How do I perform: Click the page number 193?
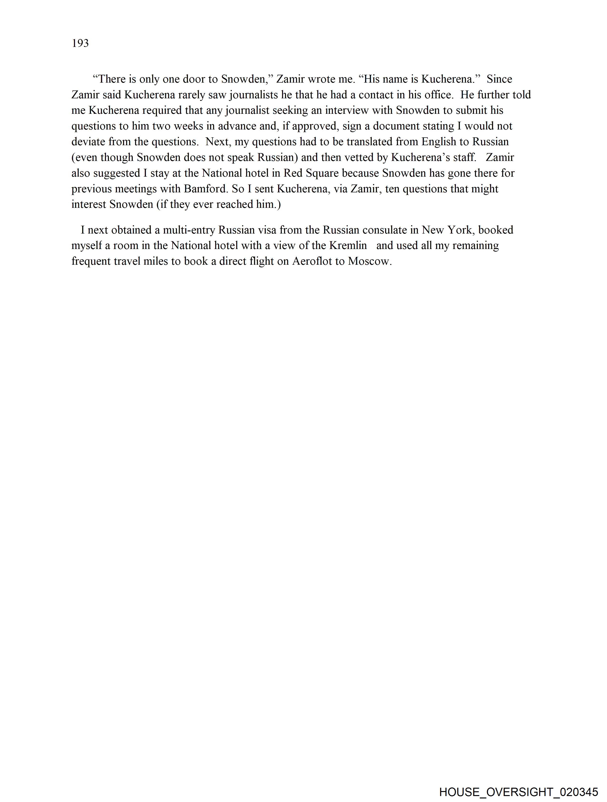click(x=80, y=44)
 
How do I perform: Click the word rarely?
click(x=191, y=95)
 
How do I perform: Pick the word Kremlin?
click(x=348, y=245)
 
